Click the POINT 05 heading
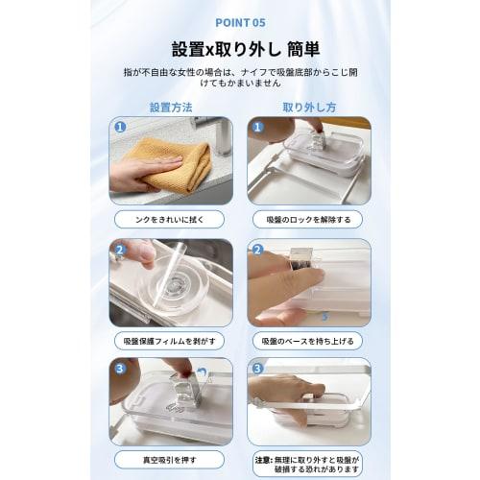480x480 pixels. click(239, 21)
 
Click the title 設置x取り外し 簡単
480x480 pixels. click(239, 49)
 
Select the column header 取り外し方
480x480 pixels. click(309, 107)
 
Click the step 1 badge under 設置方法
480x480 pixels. click(120, 127)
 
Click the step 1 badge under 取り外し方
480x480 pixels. click(256, 127)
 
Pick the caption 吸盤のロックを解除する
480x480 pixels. click(309, 219)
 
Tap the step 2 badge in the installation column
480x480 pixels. click(120, 251)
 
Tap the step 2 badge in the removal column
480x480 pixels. click(256, 251)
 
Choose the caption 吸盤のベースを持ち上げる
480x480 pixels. click(309, 341)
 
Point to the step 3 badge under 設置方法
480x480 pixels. click(120, 368)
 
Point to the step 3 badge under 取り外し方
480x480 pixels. click(256, 368)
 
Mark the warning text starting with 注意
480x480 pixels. click(309, 464)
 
